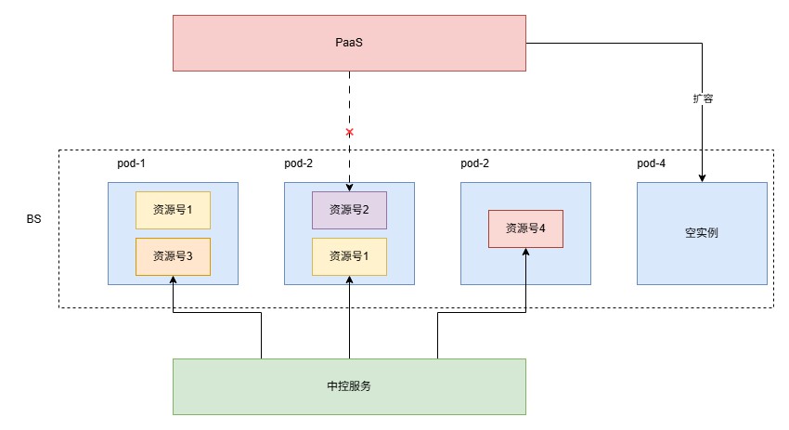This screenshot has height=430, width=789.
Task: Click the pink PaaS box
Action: tap(349, 43)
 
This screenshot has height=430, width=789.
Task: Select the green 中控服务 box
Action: tap(349, 386)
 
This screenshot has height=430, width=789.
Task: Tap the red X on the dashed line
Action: tap(350, 133)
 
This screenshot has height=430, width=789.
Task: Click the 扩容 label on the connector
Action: tap(703, 98)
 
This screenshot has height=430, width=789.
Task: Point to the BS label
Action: tap(33, 219)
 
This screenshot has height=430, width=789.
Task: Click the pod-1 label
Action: tap(131, 163)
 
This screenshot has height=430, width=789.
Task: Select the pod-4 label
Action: tap(651, 163)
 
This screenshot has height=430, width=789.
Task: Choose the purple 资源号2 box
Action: tap(349, 210)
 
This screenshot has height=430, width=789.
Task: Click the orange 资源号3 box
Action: tap(173, 256)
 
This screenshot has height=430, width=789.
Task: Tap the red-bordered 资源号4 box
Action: tap(525, 228)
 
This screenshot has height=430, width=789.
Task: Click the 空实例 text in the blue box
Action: tap(702, 232)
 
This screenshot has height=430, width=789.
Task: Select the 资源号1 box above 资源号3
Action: tap(173, 210)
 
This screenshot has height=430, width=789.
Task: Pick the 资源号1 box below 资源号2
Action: tap(349, 256)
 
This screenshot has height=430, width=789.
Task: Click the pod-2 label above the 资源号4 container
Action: tap(474, 163)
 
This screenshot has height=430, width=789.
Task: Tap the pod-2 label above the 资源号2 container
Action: tap(298, 163)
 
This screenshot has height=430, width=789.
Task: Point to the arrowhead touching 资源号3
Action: tap(173, 280)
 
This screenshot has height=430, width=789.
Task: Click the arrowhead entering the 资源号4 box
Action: tap(525, 252)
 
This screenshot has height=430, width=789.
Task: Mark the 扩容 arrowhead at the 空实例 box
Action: tap(702, 178)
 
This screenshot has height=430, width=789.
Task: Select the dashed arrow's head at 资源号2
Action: tap(350, 188)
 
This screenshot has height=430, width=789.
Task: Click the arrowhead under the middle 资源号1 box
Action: tap(350, 280)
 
